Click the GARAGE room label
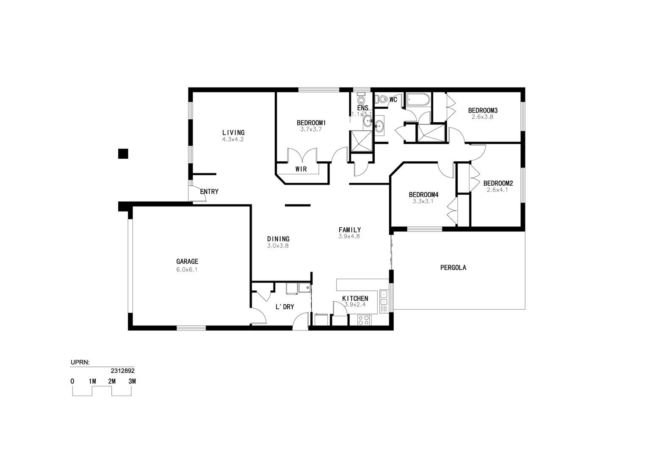[x=187, y=262]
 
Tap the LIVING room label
[x=233, y=132]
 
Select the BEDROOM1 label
[x=311, y=123]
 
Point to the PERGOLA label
[x=453, y=267]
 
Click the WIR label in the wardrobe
[x=301, y=169]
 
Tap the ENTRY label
[x=209, y=191]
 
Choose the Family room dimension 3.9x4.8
[x=349, y=236]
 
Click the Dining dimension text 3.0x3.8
[x=278, y=246]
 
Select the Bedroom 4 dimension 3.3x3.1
[x=423, y=201]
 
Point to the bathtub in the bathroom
[x=418, y=100]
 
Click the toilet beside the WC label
[x=381, y=99]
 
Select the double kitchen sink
[x=384, y=298]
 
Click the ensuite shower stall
[x=361, y=141]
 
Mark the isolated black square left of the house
[x=123, y=154]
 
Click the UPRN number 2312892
[x=123, y=371]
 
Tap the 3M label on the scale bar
[x=132, y=381]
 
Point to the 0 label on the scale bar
[x=72, y=381]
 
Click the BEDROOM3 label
[x=483, y=110]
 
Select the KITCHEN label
[x=355, y=298]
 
